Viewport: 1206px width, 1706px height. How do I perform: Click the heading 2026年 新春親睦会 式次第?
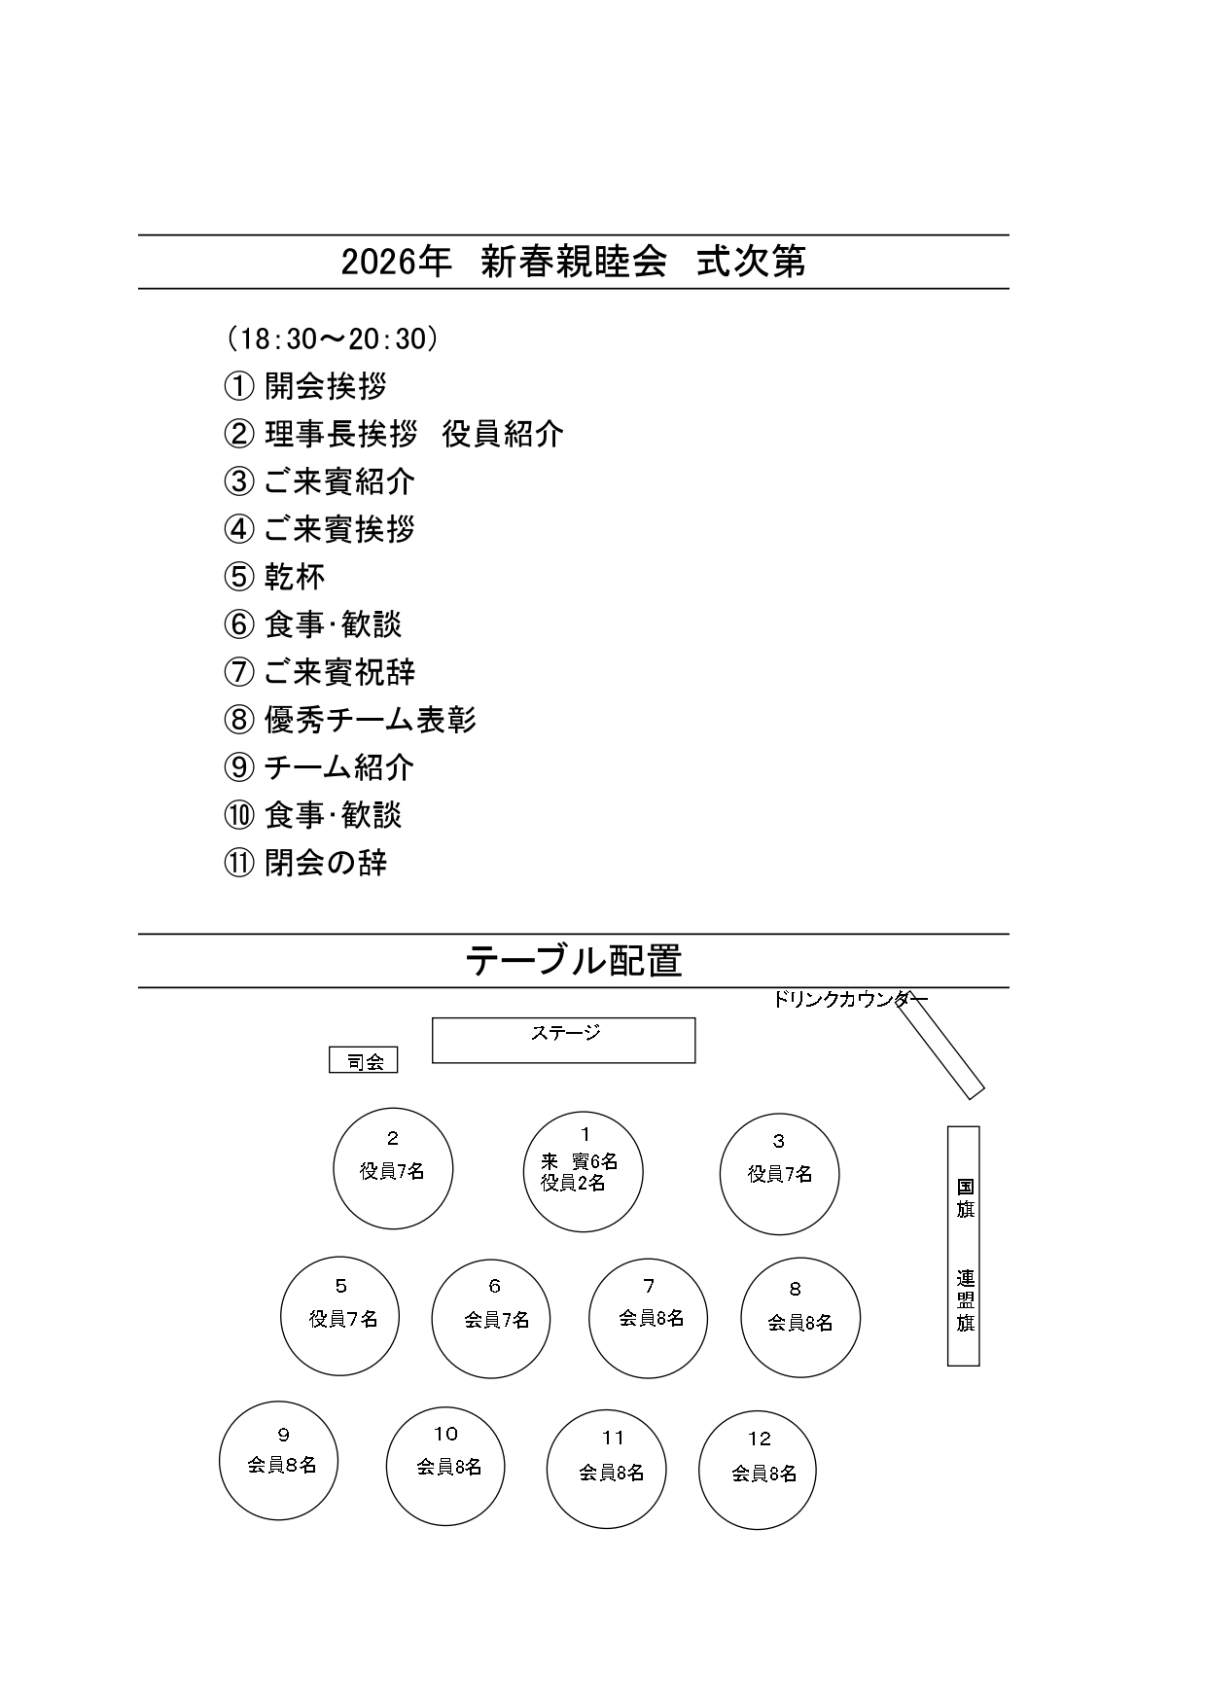click(x=573, y=262)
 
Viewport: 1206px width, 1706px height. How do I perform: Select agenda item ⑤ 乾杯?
click(x=275, y=577)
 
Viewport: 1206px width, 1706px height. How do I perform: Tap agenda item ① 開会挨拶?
click(x=305, y=386)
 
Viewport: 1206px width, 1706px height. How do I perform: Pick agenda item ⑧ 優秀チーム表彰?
click(x=350, y=720)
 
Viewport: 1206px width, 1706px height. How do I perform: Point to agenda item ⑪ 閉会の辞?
click(x=305, y=863)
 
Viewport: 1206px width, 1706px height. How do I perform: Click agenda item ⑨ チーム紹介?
click(x=319, y=767)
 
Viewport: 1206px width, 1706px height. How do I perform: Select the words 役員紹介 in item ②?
click(x=503, y=434)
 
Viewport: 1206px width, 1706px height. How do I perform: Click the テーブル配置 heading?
click(x=573, y=961)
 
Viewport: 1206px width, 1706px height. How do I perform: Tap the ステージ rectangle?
click(x=563, y=1041)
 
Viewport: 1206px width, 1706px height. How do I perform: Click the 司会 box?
click(x=364, y=1061)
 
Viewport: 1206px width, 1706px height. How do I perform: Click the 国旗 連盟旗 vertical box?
click(x=963, y=1246)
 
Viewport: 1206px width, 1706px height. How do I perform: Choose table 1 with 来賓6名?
click(x=584, y=1172)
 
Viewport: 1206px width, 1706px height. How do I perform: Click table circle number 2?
click(x=393, y=1168)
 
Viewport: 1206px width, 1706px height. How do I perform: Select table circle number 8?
click(x=800, y=1318)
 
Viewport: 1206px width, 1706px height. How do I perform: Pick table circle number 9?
click(x=279, y=1460)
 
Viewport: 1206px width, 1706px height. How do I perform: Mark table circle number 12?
click(x=758, y=1469)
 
